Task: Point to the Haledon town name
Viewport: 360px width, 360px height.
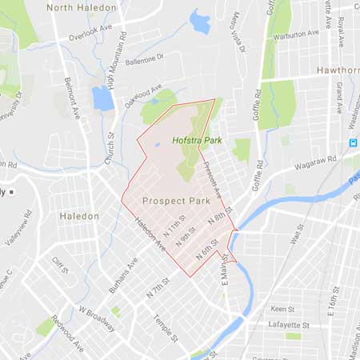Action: click(x=79, y=216)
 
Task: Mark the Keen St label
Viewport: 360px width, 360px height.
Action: click(x=282, y=307)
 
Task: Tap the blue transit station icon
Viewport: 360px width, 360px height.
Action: click(x=352, y=142)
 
